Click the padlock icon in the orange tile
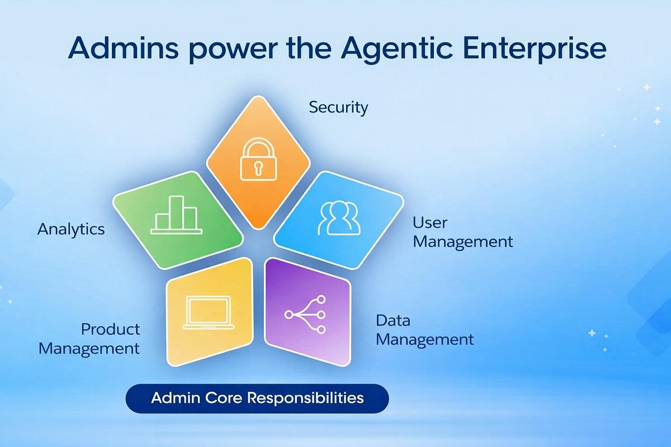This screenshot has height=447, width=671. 258,159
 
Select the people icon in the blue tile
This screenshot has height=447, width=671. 339,218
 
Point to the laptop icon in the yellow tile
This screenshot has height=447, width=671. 209,312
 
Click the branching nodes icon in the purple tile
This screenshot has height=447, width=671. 305,315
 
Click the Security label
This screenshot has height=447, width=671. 338,107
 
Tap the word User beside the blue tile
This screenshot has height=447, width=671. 430,223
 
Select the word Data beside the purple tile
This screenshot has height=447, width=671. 393,320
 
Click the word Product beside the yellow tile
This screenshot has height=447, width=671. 110,329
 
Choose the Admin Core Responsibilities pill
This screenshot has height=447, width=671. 257,398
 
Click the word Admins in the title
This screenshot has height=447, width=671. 124,48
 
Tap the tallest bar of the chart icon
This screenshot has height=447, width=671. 176,212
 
